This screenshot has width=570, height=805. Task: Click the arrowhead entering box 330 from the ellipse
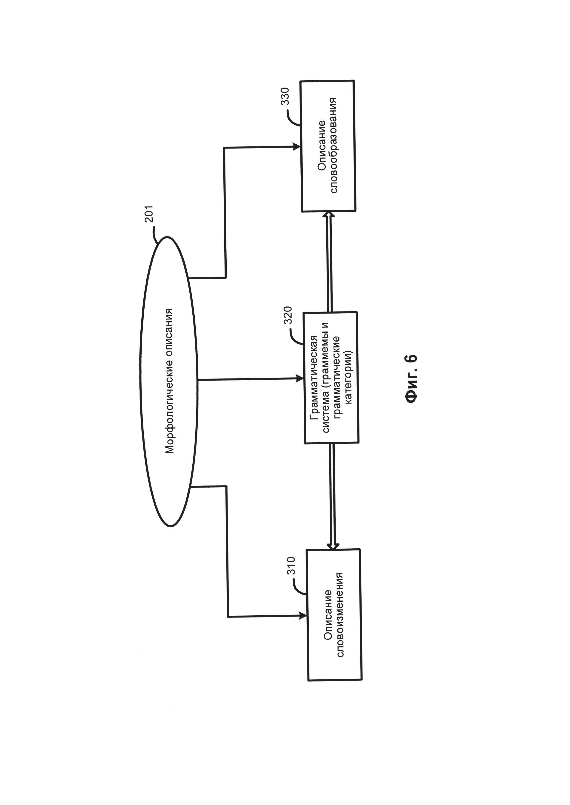pos(297,147)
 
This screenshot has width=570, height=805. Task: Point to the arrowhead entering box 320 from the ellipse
pos(300,378)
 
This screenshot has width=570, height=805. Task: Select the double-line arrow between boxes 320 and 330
pos(330,261)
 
